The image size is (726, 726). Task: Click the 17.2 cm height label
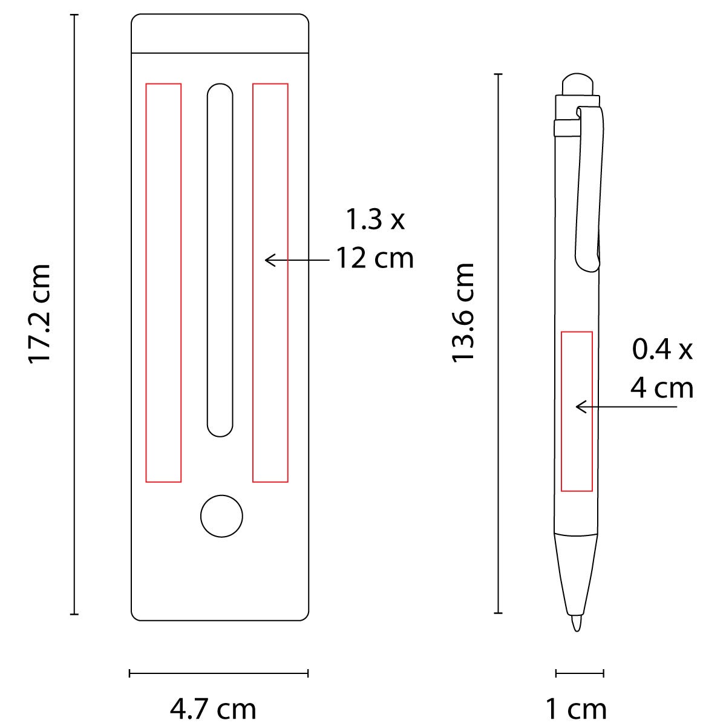(39, 314)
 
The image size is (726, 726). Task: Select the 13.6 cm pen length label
(462, 313)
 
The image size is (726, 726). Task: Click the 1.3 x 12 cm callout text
(375, 239)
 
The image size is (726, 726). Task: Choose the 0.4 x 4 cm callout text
(662, 368)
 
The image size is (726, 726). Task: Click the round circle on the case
(221, 516)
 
